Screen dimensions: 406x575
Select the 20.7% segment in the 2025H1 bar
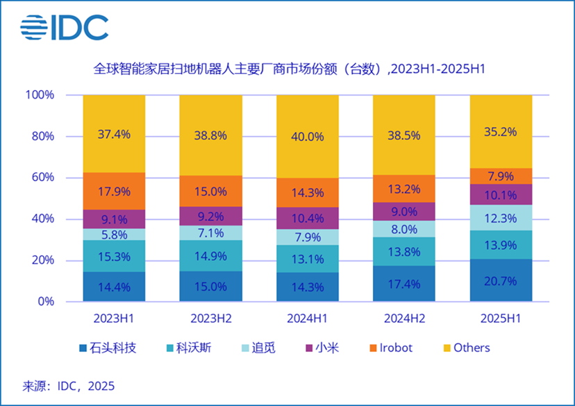[x=501, y=280]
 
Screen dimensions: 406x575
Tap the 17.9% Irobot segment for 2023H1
[x=114, y=191]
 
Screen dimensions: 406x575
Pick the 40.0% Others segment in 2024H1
[x=308, y=137]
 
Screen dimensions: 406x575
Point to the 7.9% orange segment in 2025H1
[x=501, y=176]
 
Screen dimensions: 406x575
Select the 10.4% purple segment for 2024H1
[x=308, y=218]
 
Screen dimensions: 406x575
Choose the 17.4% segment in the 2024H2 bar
[x=404, y=283]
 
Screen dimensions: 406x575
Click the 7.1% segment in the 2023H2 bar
[x=210, y=232]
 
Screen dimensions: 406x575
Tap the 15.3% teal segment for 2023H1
[x=114, y=256]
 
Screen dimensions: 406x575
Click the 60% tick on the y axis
[x=41, y=178]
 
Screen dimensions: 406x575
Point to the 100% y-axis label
[x=39, y=95]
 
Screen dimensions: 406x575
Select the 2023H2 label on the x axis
[x=210, y=319]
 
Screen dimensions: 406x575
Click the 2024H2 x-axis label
[x=404, y=319]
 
